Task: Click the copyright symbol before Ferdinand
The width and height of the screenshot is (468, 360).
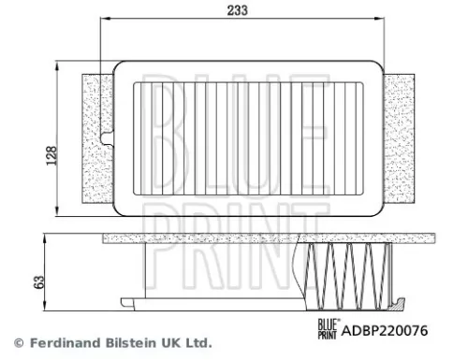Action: coord(16,342)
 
